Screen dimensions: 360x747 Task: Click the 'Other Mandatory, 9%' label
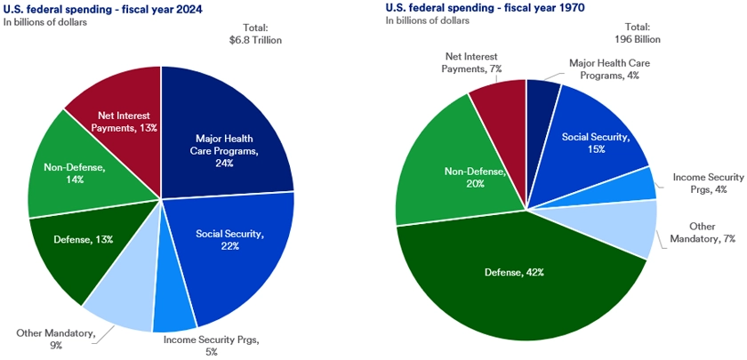click(x=55, y=339)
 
